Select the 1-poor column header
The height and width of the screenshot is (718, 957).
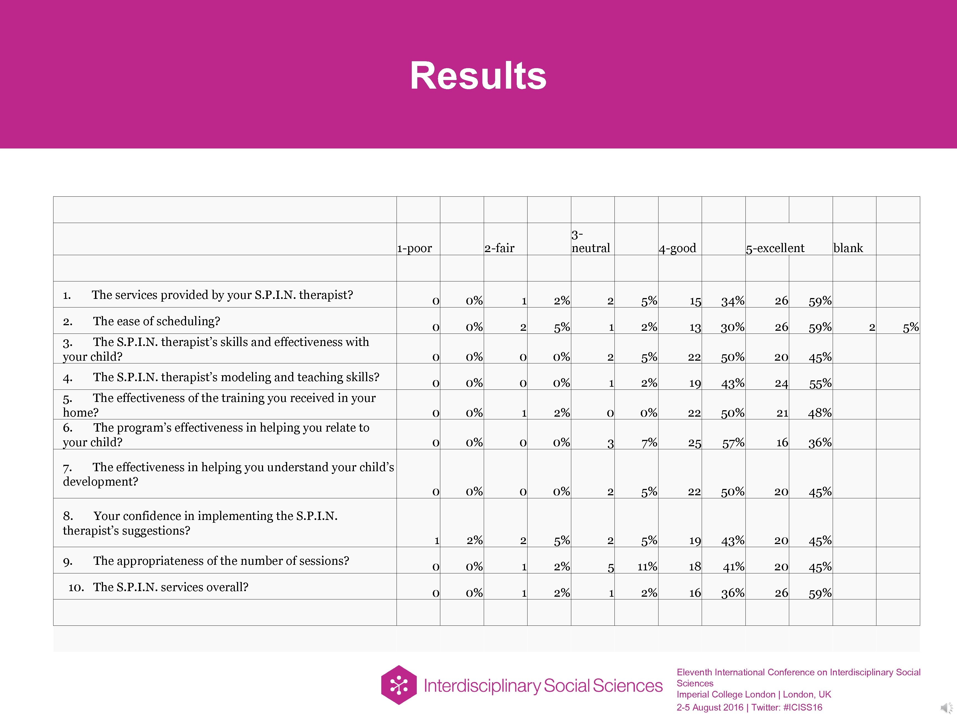(x=415, y=248)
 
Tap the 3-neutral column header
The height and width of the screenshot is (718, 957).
(x=591, y=242)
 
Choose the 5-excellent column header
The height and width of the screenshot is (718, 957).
(x=775, y=248)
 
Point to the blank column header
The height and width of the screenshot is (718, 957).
(x=848, y=248)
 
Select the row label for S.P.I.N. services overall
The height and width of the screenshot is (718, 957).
(x=171, y=587)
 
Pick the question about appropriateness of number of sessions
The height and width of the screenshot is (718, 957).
(x=221, y=561)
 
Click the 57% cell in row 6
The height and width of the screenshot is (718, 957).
(x=733, y=443)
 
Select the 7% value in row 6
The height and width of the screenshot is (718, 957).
(x=649, y=443)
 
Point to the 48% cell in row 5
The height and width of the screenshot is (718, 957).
(x=820, y=413)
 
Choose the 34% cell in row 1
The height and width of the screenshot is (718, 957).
(x=733, y=301)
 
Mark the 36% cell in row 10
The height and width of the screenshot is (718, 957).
(x=733, y=593)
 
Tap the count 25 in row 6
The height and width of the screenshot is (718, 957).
(x=694, y=443)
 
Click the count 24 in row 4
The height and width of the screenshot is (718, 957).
(x=781, y=383)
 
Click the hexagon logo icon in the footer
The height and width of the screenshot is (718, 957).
(x=398, y=685)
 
